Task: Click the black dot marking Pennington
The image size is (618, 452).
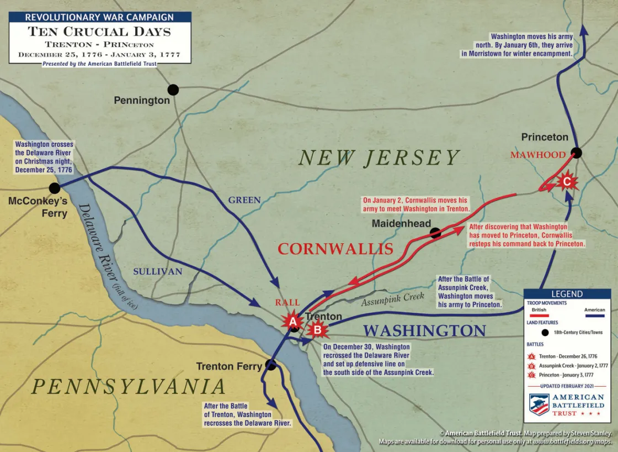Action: tap(173, 90)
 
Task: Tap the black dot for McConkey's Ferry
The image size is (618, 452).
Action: tap(54, 188)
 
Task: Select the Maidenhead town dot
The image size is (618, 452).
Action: tap(435, 233)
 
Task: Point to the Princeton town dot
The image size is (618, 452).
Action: tap(576, 152)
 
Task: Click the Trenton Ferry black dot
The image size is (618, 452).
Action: tap(270, 364)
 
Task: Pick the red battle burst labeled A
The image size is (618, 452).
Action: tap(293, 321)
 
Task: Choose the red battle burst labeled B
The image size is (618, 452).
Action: tap(318, 330)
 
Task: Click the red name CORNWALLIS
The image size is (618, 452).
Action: tap(335, 249)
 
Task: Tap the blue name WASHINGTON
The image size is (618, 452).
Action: tap(424, 330)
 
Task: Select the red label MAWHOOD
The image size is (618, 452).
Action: tap(537, 155)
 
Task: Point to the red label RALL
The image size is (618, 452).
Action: tap(287, 302)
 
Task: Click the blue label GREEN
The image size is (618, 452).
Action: tap(244, 200)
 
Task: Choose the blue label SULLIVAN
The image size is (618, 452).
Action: tap(158, 271)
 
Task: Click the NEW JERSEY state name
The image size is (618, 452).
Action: tap(379, 158)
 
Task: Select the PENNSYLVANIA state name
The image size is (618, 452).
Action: tap(129, 386)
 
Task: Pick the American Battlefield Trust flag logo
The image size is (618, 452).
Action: tap(539, 404)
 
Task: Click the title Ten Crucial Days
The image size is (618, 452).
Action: tap(99, 31)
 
